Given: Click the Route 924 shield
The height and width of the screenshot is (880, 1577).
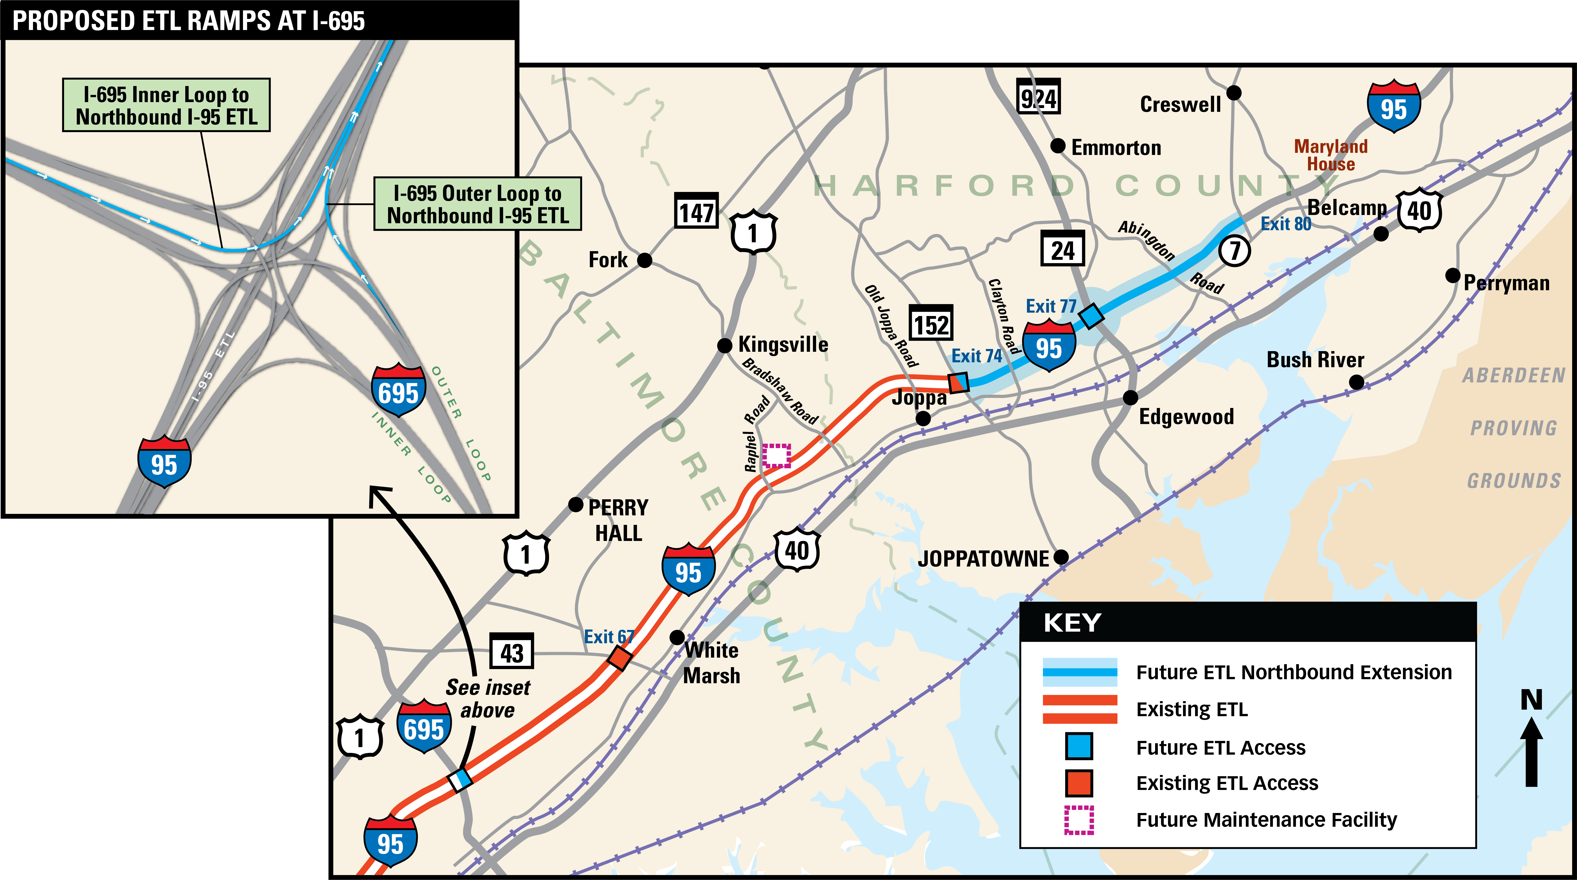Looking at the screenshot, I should click(x=1038, y=97).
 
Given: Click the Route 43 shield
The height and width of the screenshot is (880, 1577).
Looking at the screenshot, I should click(x=512, y=652).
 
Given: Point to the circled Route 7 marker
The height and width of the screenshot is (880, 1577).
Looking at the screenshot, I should click(x=1234, y=250).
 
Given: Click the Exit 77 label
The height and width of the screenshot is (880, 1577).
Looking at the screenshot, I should click(x=1050, y=306).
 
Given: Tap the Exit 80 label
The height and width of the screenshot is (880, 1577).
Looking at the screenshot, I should click(x=1286, y=224).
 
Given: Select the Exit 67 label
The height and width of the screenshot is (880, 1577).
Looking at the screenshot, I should click(x=608, y=637).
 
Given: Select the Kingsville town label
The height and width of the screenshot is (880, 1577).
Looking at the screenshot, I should click(x=783, y=345).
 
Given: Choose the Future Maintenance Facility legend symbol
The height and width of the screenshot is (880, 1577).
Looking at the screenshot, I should click(x=1079, y=820).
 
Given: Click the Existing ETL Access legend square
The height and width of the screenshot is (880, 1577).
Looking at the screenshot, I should click(x=1079, y=783).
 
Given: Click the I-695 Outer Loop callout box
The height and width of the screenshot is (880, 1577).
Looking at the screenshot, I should click(x=478, y=204).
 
